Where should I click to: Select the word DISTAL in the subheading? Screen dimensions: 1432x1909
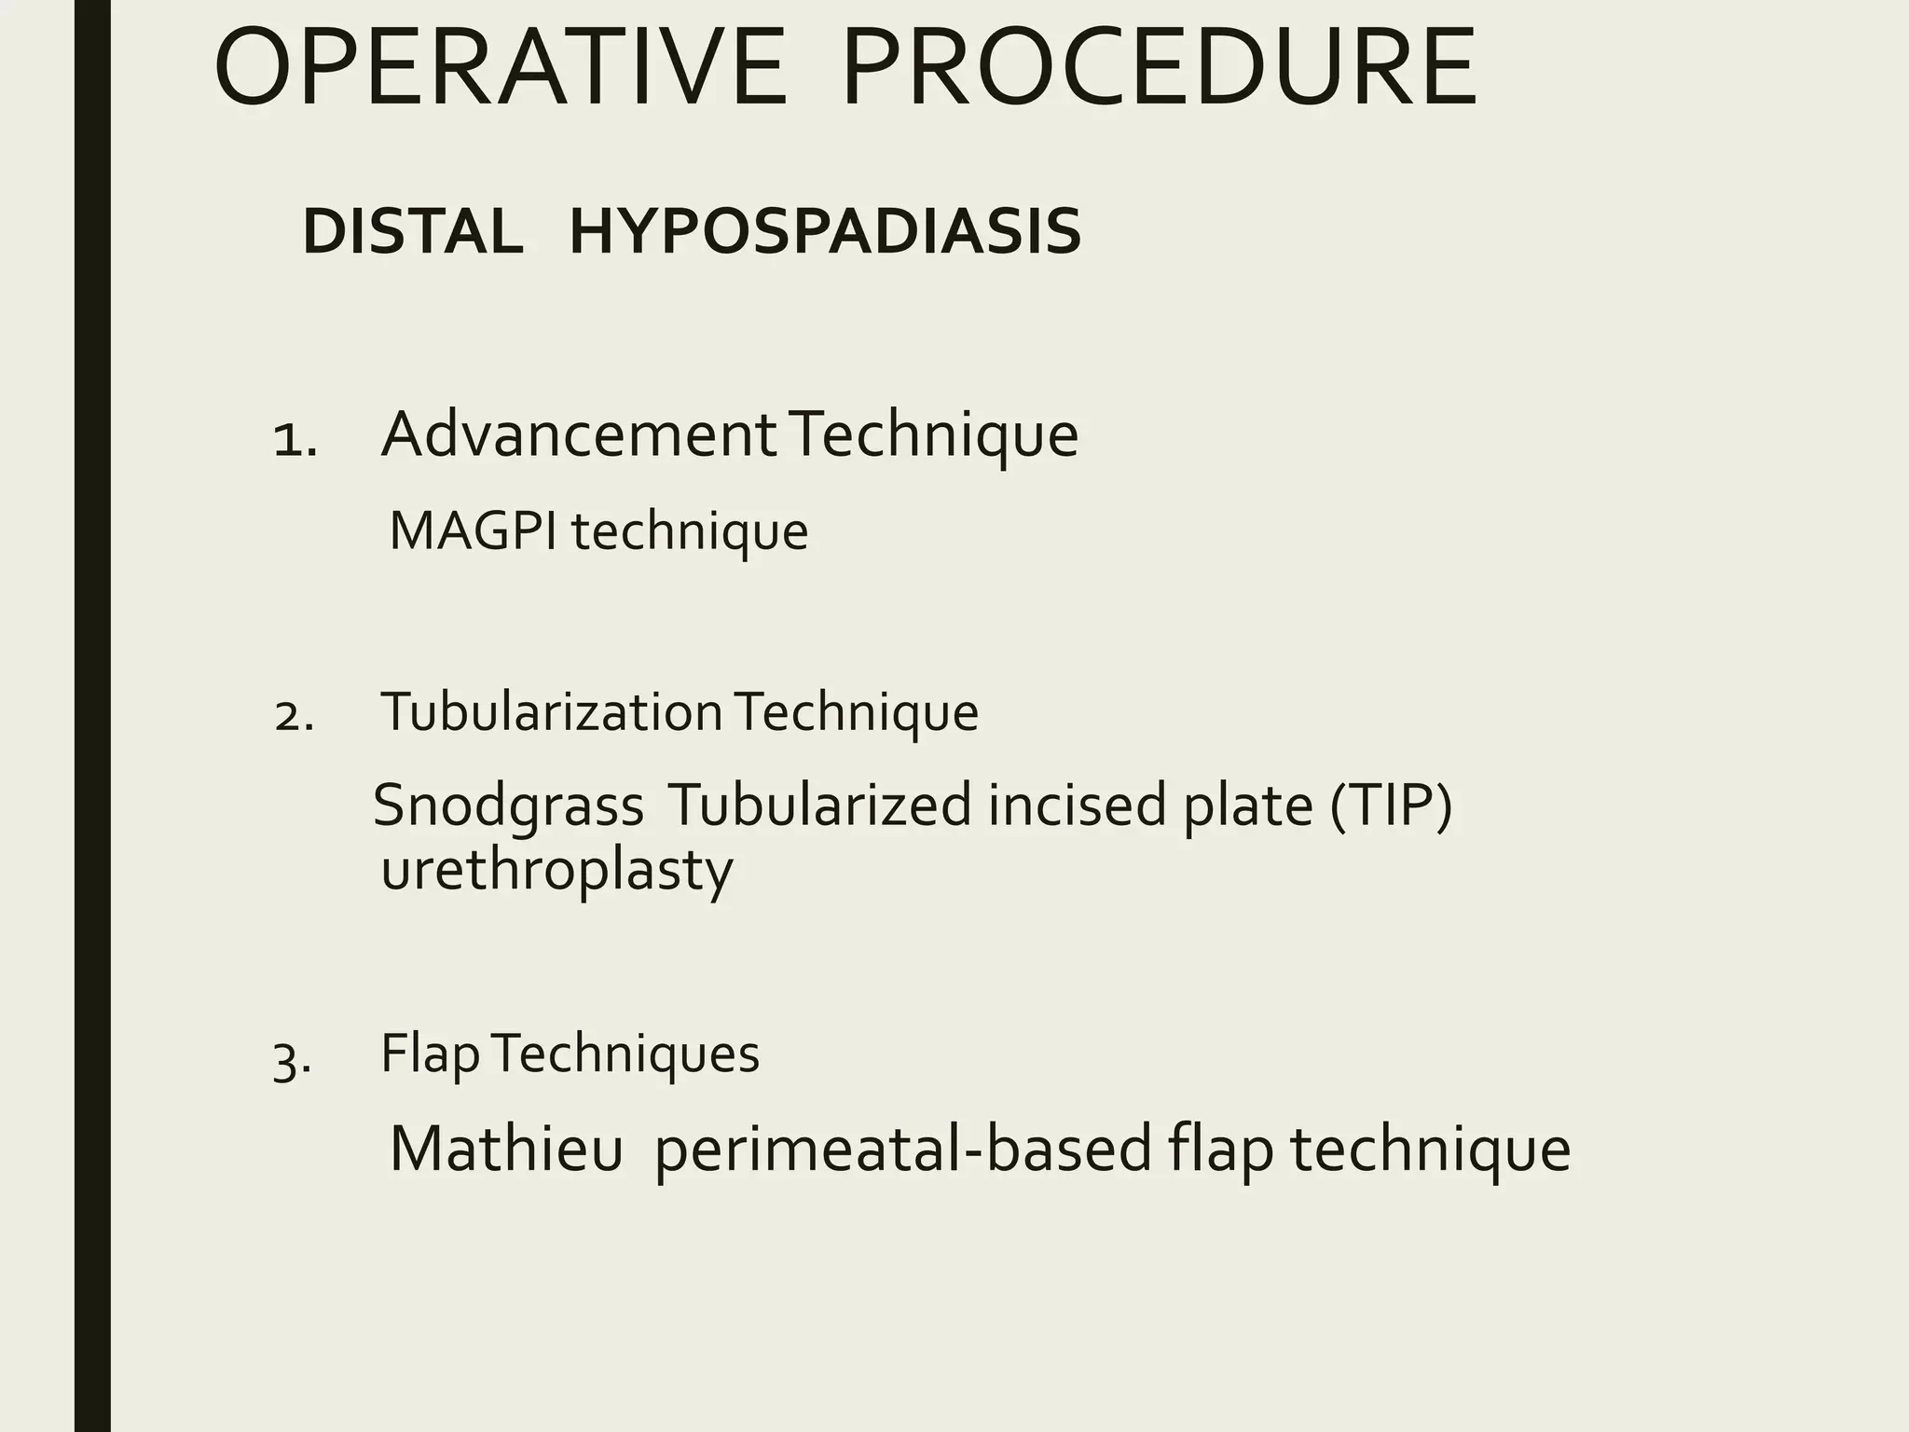412,231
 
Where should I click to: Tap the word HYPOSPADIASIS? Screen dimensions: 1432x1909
825,231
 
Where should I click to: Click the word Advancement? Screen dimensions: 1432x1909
579,434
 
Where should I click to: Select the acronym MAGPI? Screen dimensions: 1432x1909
473,531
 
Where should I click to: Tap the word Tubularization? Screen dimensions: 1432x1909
551,713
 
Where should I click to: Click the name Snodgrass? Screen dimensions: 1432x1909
508,805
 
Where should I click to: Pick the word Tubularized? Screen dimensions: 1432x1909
819,805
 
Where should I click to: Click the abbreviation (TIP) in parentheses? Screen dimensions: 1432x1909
1391,805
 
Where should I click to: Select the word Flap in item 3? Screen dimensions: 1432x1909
430,1054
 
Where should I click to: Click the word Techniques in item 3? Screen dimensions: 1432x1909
625,1054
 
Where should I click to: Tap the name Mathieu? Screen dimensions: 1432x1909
505,1149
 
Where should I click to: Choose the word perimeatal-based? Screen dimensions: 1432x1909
902,1149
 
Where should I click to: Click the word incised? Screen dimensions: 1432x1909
1077,805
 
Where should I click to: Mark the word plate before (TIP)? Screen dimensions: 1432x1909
1248,805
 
